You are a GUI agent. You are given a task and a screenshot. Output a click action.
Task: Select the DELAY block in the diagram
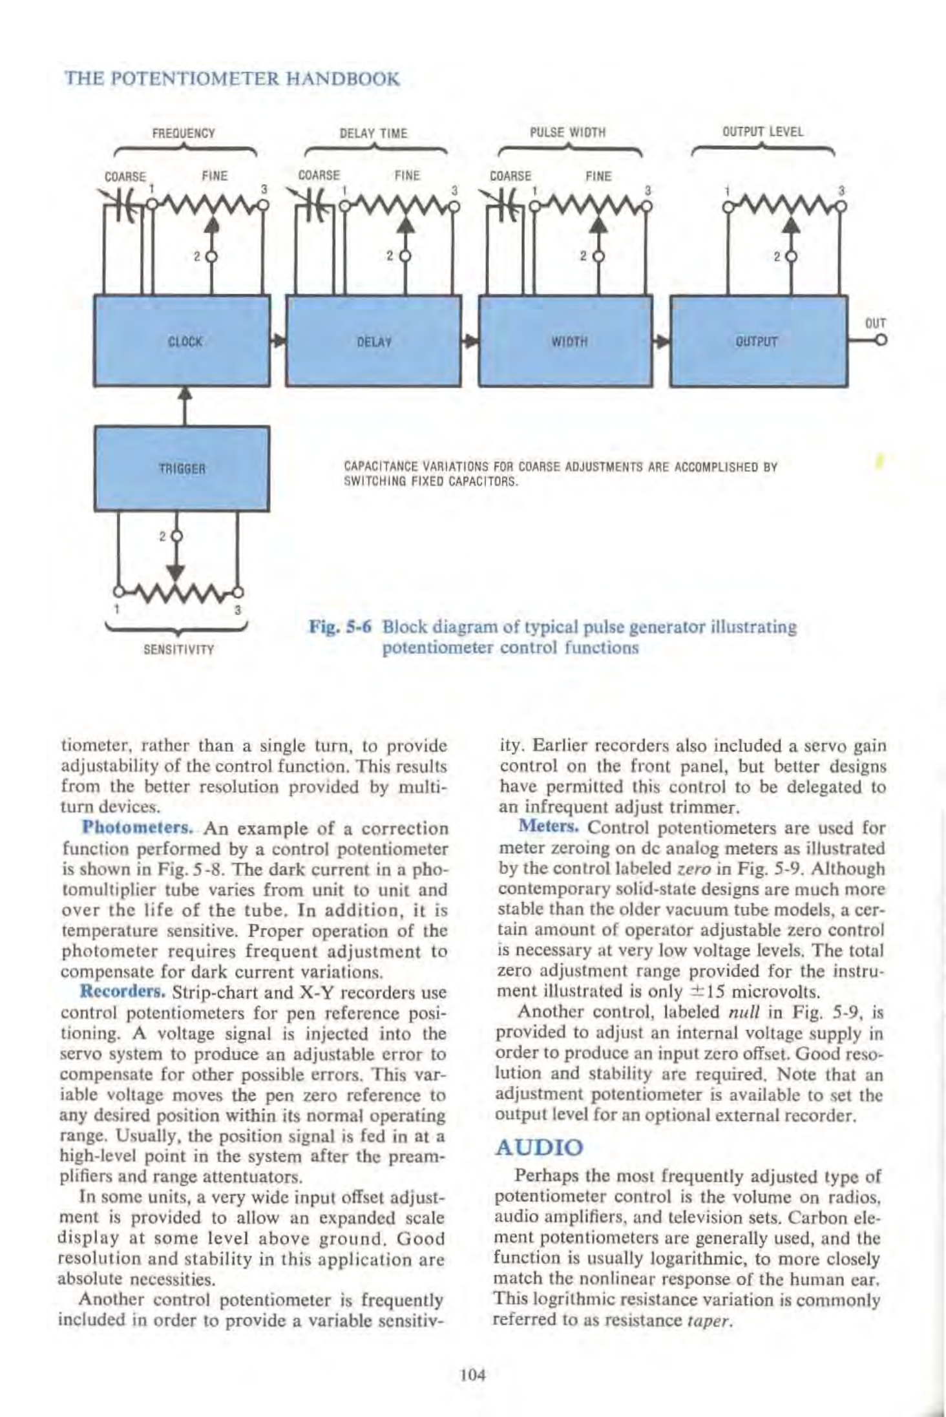pos(373,341)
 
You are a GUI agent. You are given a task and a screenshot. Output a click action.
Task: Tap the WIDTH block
pos(565,341)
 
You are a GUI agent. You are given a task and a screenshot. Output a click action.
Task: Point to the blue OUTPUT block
pos(758,341)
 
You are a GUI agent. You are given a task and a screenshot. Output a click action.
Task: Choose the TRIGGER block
pos(182,468)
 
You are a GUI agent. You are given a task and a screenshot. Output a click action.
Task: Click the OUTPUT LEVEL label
pos(762,132)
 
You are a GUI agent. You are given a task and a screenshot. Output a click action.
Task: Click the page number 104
pos(472,1374)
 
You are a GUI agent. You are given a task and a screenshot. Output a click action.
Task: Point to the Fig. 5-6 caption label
pos(341,627)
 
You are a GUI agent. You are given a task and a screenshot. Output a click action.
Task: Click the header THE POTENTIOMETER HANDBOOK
pos(233,79)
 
